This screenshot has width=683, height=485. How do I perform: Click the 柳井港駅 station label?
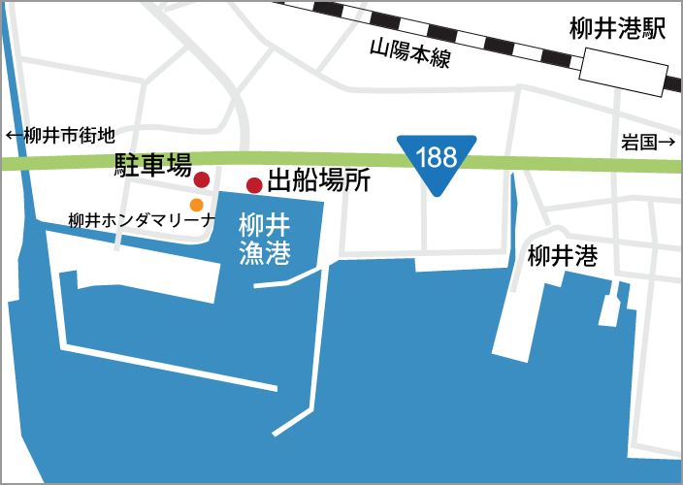point(619,30)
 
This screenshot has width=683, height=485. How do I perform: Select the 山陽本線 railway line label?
point(410,54)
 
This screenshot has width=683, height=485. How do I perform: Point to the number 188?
point(438,155)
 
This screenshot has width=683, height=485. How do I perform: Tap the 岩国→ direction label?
point(647,143)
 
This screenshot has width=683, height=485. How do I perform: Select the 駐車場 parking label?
point(153,165)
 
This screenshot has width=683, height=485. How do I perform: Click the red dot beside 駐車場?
point(202,179)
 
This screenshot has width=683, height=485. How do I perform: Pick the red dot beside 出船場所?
point(254,185)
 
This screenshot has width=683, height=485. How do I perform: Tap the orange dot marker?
point(197,205)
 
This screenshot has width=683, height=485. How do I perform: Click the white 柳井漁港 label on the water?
point(265,239)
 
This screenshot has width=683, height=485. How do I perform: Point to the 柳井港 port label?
point(562,257)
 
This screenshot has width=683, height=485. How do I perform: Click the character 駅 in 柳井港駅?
point(654,30)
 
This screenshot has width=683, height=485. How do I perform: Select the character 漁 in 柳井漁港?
point(251,253)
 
